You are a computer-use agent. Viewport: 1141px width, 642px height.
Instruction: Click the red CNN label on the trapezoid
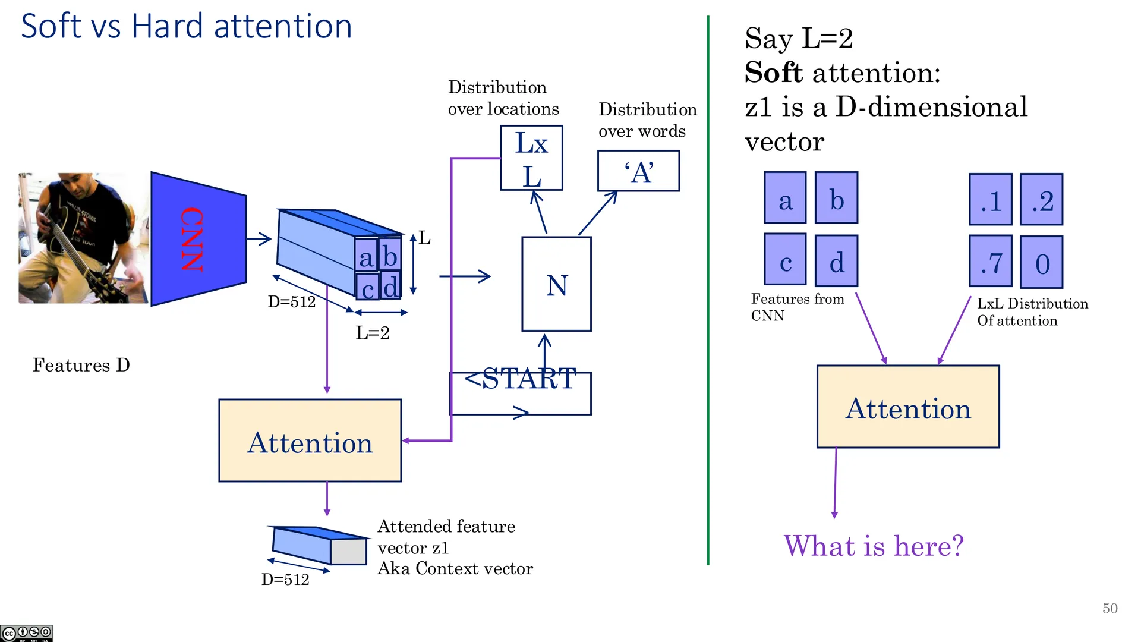click(x=192, y=239)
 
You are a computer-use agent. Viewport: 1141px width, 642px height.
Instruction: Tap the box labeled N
click(x=556, y=284)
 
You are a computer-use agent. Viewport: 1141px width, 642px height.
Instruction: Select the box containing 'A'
click(x=638, y=171)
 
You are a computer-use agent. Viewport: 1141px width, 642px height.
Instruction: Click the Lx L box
click(x=531, y=158)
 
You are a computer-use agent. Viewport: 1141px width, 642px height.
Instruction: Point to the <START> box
click(x=521, y=393)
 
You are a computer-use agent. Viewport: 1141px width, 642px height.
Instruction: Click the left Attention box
click(x=310, y=440)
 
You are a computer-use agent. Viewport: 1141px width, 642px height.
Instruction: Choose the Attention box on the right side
click(x=908, y=407)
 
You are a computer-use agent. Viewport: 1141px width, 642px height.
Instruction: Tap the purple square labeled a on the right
click(x=785, y=198)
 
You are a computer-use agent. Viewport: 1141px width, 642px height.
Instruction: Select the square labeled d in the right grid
click(x=836, y=260)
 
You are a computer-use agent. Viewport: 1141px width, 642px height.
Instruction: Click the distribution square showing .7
click(x=991, y=262)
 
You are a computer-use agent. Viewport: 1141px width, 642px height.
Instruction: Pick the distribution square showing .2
click(x=1042, y=199)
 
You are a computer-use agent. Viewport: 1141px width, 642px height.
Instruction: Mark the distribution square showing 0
click(x=1042, y=262)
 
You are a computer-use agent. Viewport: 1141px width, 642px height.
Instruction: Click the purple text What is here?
click(x=874, y=546)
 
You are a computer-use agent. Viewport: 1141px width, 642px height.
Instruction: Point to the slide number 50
click(x=1110, y=608)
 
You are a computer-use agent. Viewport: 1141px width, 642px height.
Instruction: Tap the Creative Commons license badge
click(x=26, y=633)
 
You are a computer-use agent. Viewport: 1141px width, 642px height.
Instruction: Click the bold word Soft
click(x=774, y=73)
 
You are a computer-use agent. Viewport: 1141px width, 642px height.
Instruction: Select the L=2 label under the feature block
click(x=373, y=333)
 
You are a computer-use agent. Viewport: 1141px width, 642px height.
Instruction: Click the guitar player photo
click(x=83, y=238)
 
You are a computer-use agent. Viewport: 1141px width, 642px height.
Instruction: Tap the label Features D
click(x=81, y=365)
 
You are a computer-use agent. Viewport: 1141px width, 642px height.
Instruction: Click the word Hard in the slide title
click(x=168, y=26)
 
